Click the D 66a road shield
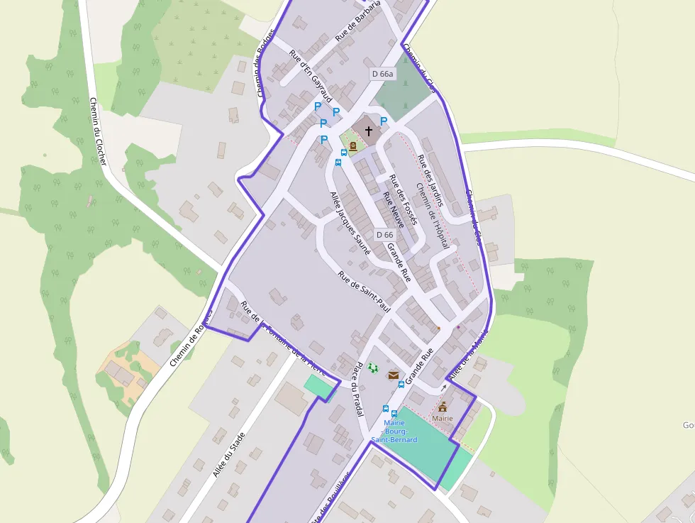tap(382, 74)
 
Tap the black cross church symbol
tap(369, 131)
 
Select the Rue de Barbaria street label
tap(358, 19)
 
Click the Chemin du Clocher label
tap(98, 131)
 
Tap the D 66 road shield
tap(384, 235)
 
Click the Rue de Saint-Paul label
tap(365, 292)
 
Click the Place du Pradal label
tap(359, 389)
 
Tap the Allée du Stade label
tap(229, 454)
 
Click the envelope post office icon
tap(393, 375)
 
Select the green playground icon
tap(373, 368)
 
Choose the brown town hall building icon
tap(443, 407)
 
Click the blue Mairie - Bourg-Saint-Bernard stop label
tap(394, 431)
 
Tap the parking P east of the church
tap(384, 121)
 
